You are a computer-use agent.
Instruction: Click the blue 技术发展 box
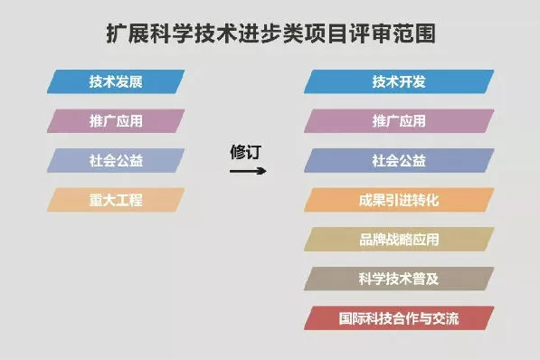(116, 81)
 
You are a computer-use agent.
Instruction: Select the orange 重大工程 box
(116, 200)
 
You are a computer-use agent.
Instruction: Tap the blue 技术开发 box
(399, 81)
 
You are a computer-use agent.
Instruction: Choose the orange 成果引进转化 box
(399, 200)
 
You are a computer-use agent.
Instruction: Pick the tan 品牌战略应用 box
(399, 239)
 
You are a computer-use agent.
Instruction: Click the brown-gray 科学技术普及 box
(399, 279)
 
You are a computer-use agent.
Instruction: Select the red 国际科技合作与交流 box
(399, 318)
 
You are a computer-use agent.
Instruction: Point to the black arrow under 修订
(248, 171)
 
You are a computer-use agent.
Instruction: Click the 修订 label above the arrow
(246, 152)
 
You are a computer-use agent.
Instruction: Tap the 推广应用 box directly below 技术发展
(116, 121)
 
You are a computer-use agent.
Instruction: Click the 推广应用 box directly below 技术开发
(399, 121)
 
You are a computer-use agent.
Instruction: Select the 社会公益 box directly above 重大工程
(116, 160)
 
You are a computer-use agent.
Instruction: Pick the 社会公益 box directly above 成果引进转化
(399, 160)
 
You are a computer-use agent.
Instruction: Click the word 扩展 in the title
(128, 33)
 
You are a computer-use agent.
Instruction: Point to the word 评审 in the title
(371, 33)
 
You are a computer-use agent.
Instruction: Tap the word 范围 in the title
(414, 33)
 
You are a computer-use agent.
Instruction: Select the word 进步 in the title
(260, 33)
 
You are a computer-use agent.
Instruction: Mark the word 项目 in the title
(327, 33)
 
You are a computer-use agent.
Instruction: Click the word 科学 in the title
(172, 33)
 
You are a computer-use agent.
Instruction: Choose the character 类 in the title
(293, 33)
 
